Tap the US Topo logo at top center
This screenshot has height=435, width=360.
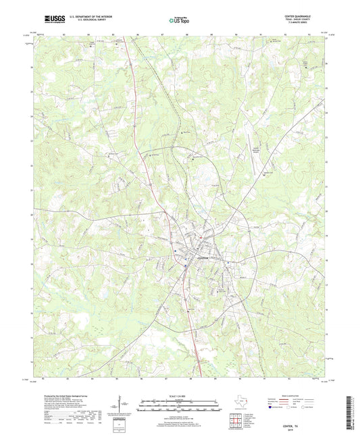[x=179, y=21]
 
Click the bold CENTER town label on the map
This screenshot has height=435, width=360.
[x=203, y=257]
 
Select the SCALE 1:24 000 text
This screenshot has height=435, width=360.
[x=179, y=394]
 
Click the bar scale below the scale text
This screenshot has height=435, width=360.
[x=179, y=403]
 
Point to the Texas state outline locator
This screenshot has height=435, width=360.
[x=240, y=402]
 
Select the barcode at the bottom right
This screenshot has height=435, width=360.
[x=351, y=412]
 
